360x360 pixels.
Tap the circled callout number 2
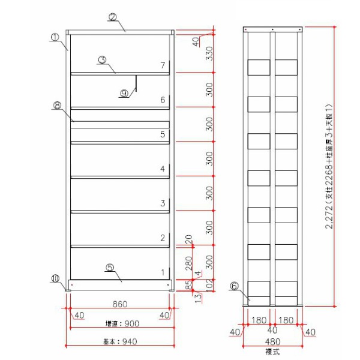[x=112, y=17]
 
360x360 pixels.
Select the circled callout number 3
[x=102, y=59]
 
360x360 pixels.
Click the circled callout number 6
[x=234, y=286]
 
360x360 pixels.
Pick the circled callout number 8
[x=57, y=105]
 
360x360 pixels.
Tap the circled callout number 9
[x=124, y=94]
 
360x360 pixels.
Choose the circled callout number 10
[x=55, y=278]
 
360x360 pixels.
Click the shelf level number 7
[x=162, y=65]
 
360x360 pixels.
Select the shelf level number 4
[x=162, y=169]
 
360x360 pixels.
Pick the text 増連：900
[x=121, y=323]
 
